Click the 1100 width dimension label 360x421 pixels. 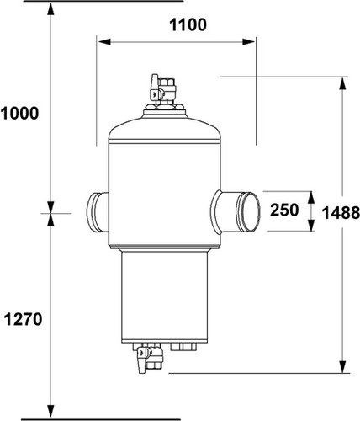188,24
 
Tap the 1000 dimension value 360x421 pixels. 19,114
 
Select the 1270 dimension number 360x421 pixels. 23,319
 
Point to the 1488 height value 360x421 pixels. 341,212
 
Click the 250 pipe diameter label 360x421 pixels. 284,210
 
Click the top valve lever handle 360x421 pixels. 154,88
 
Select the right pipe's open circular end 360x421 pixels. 251,211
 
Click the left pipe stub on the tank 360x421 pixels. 98,212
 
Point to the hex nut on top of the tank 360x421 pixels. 164,107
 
